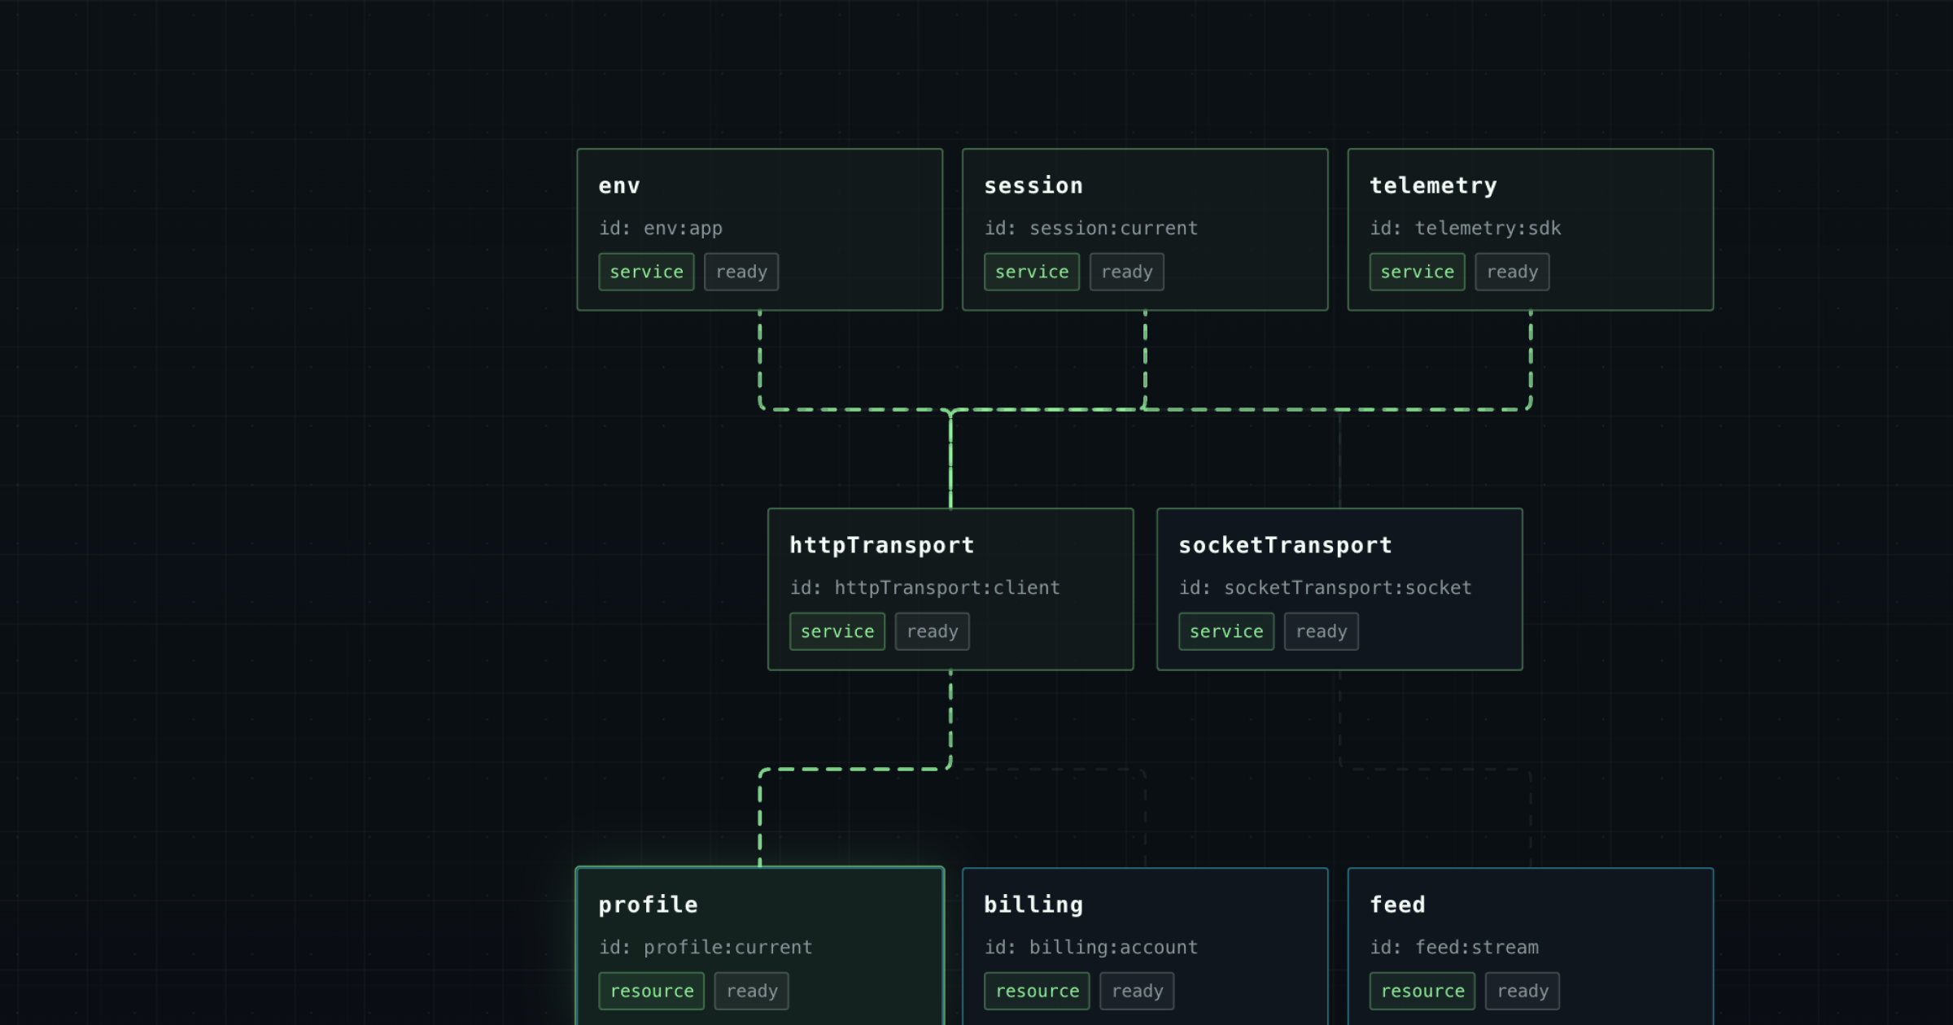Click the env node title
coord(619,186)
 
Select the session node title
coord(1033,186)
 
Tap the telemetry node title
coord(1434,186)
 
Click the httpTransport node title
coord(882,546)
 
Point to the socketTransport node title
coord(1286,546)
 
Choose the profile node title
coord(649,905)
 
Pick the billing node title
coord(1033,905)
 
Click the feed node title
coord(1398,905)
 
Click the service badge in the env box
coord(647,272)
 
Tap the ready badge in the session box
coord(1127,272)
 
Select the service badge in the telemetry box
coord(1418,272)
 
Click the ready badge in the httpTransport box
coord(933,631)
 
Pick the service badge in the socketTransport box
coord(1226,631)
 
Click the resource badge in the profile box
coord(652,991)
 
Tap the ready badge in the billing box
coord(1138,991)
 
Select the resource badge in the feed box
coord(1422,991)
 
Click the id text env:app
coord(683,229)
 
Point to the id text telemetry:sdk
coord(1488,229)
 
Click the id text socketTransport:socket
coord(1348,588)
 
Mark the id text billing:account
coord(1113,948)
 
